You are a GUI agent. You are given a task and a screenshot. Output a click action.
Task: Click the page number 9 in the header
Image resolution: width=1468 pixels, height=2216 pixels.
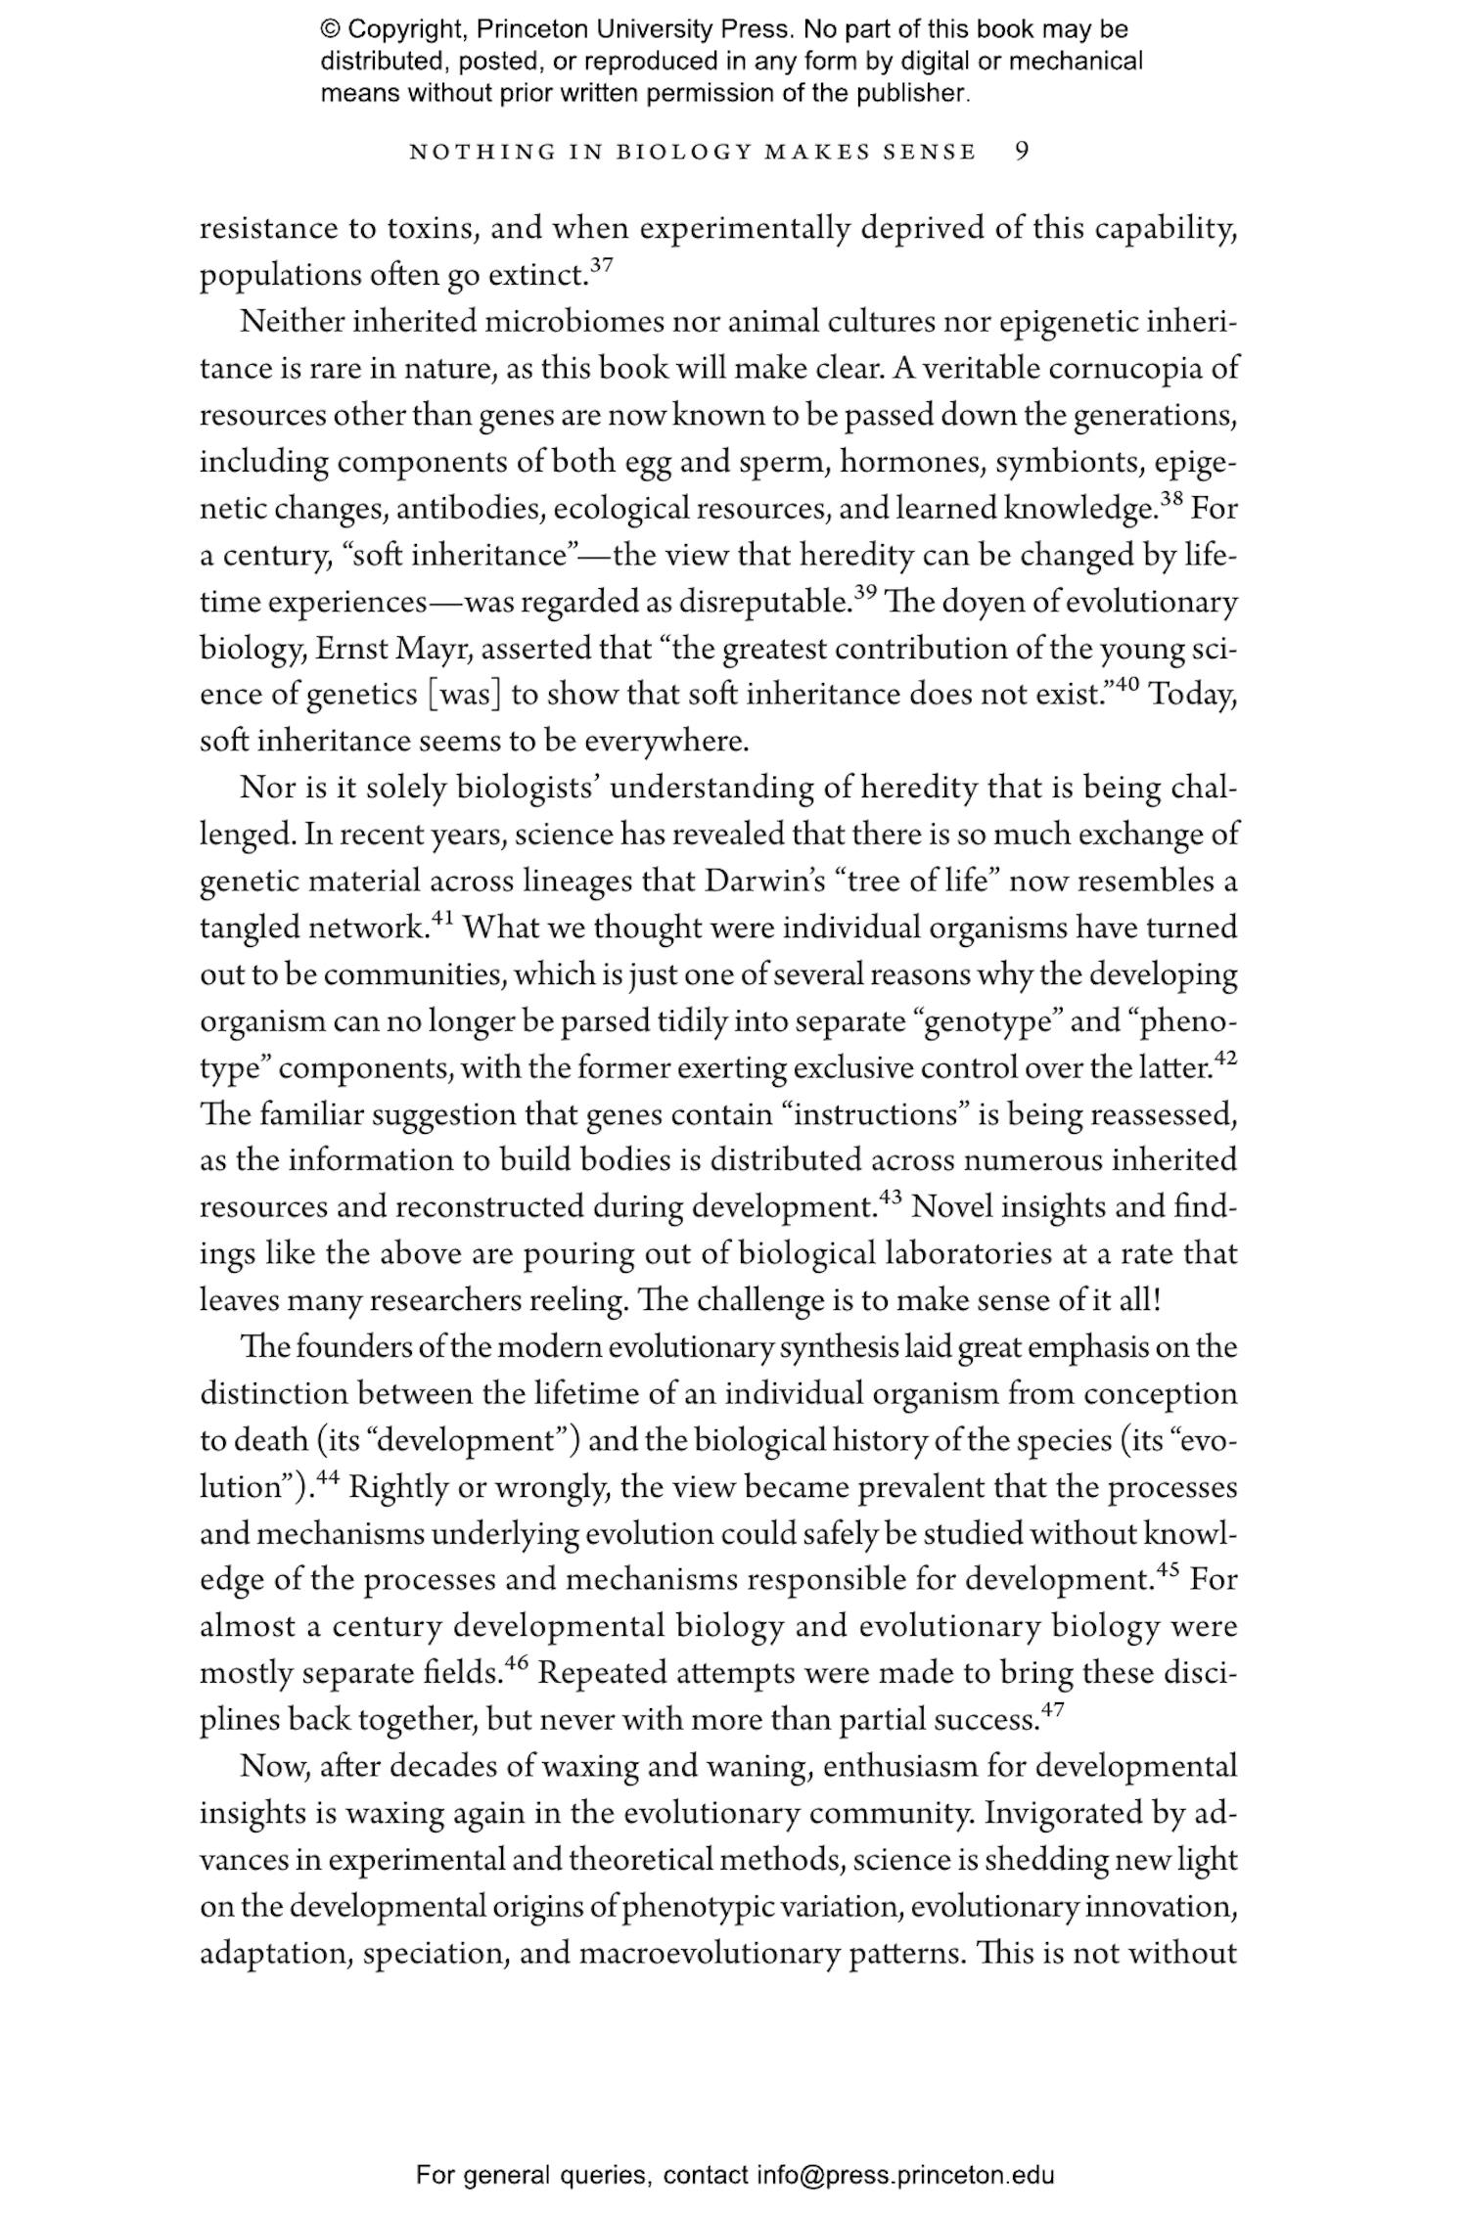1022,152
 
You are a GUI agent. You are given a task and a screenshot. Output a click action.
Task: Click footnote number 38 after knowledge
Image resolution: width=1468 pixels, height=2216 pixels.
1171,500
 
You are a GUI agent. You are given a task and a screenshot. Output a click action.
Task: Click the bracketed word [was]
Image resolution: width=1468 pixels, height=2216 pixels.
465,697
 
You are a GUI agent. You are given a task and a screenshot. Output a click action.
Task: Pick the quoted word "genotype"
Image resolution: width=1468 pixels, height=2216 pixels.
988,1022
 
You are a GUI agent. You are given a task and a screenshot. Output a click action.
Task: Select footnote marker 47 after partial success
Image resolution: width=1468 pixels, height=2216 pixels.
1051,1711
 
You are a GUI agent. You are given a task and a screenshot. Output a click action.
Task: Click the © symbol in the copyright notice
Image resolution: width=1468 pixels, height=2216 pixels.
330,30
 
